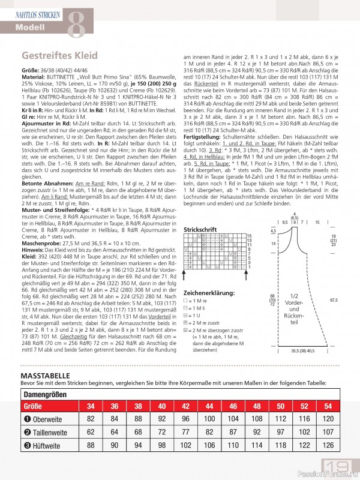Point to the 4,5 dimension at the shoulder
point(273,231)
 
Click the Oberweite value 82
point(91,419)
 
